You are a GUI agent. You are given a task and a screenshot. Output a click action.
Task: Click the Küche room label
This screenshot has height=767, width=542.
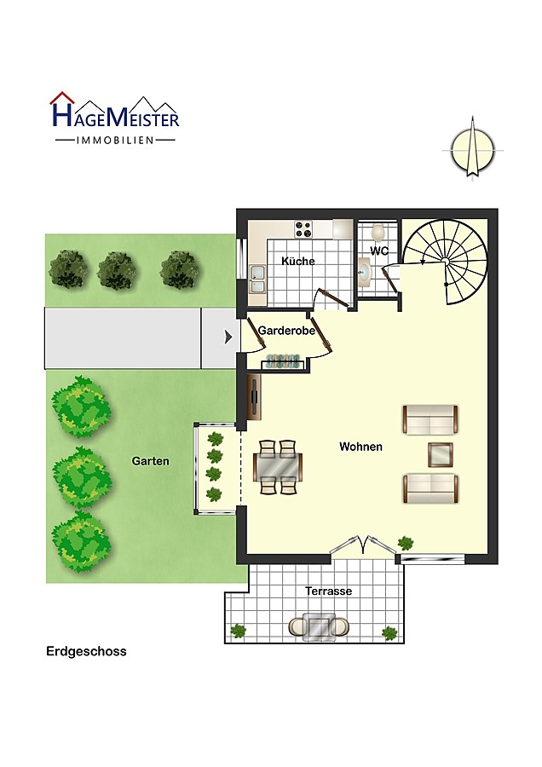pyautogui.click(x=298, y=262)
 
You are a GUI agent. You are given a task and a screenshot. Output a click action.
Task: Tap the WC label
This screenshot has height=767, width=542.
pyautogui.click(x=379, y=251)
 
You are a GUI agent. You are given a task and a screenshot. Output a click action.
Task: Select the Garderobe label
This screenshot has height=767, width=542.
pyautogui.click(x=286, y=331)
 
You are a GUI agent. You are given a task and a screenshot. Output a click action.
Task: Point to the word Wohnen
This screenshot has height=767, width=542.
pyautogui.click(x=361, y=447)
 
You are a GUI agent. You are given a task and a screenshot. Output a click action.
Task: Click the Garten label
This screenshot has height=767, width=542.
pyautogui.click(x=151, y=461)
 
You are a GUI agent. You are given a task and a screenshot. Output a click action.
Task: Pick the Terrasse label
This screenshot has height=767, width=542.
pyautogui.click(x=329, y=591)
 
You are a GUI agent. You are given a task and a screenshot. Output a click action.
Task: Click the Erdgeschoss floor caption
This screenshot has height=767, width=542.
pyautogui.click(x=87, y=652)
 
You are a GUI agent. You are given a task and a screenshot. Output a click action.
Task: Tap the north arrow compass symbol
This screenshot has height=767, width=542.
pyautogui.click(x=472, y=147)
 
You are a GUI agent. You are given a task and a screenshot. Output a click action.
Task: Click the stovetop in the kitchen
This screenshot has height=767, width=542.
pyautogui.click(x=303, y=229)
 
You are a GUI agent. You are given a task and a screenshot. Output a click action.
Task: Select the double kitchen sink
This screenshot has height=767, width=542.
pyautogui.click(x=257, y=279)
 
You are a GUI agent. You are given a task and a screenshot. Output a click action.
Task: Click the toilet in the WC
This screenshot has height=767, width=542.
pyautogui.click(x=378, y=233)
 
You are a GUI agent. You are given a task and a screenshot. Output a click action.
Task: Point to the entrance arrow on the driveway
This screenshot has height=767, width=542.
pyautogui.click(x=228, y=337)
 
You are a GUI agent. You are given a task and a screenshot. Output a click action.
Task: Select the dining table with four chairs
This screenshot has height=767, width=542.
pyautogui.click(x=278, y=467)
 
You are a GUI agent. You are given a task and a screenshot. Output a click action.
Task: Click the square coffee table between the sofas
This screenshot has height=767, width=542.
pyautogui.click(x=441, y=455)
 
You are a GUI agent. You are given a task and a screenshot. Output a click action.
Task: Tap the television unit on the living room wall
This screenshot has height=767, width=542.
pyautogui.click(x=255, y=396)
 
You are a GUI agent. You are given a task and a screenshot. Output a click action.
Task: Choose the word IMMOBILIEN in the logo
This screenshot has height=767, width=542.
pyautogui.click(x=115, y=141)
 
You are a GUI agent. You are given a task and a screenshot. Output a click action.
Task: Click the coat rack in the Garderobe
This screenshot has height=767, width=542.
pyautogui.click(x=283, y=363)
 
